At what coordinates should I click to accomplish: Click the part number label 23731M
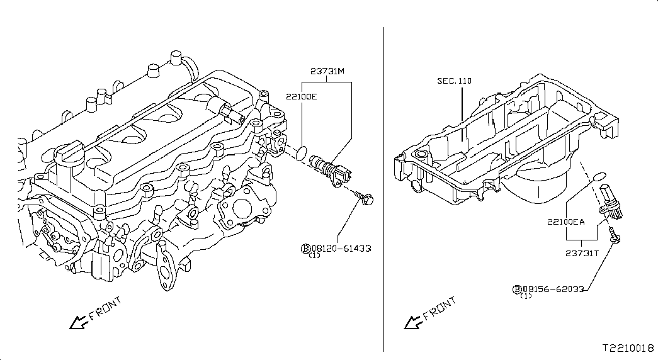pyautogui.click(x=327, y=71)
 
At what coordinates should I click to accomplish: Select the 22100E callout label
pyautogui.click(x=302, y=97)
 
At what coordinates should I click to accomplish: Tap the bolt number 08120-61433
pyautogui.click(x=341, y=249)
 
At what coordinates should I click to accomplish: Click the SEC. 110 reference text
pyautogui.click(x=454, y=81)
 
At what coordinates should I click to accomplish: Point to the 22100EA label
pyautogui.click(x=565, y=222)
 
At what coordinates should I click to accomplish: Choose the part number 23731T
pyautogui.click(x=582, y=253)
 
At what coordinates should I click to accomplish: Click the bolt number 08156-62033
pyautogui.click(x=553, y=289)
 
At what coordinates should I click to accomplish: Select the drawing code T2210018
pyautogui.click(x=628, y=348)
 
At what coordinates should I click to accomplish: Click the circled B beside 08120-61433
pyautogui.click(x=305, y=249)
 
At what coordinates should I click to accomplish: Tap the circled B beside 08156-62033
pyautogui.click(x=517, y=289)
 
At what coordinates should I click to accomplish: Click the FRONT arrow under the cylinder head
pyautogui.click(x=79, y=322)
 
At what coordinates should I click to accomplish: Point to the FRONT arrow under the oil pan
pyautogui.click(x=414, y=322)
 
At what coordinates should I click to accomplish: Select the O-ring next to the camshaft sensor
pyautogui.click(x=302, y=153)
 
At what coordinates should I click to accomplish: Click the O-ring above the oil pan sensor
pyautogui.click(x=601, y=176)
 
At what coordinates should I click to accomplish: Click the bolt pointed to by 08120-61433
pyautogui.click(x=364, y=198)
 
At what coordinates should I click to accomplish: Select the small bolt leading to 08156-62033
pyautogui.click(x=615, y=235)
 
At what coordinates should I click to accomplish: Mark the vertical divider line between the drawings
pyautogui.click(x=383, y=189)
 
